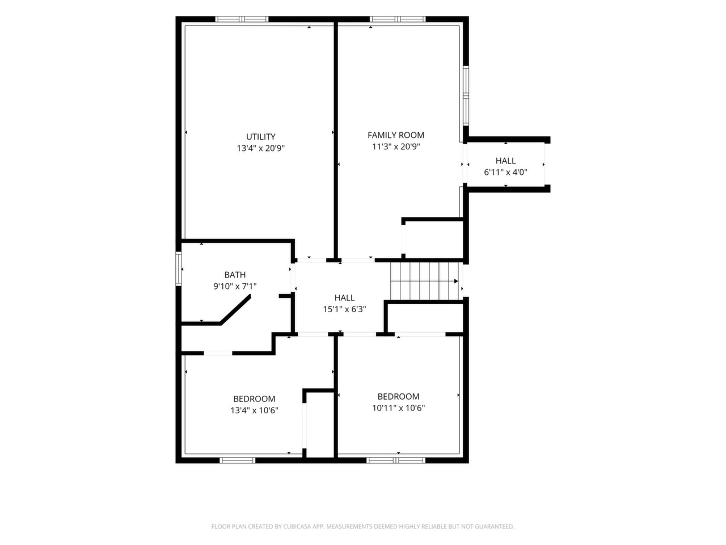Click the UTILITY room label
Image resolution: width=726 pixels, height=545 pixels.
pyautogui.click(x=260, y=137)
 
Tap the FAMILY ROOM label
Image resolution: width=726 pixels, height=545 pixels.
pyautogui.click(x=395, y=135)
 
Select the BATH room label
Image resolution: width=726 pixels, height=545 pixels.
pyautogui.click(x=235, y=275)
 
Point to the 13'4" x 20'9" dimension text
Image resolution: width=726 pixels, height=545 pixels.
pyautogui.click(x=260, y=148)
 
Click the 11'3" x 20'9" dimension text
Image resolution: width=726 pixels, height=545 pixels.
pyautogui.click(x=395, y=146)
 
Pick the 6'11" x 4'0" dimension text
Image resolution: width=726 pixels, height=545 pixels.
pyautogui.click(x=505, y=172)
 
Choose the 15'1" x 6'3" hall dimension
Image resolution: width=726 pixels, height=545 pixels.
pyautogui.click(x=344, y=309)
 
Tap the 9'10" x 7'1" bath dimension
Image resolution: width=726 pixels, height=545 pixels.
pyautogui.click(x=235, y=286)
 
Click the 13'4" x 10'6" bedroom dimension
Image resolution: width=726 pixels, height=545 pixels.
pyautogui.click(x=254, y=410)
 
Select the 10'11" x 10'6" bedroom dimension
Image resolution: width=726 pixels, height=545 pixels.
pyautogui.click(x=398, y=408)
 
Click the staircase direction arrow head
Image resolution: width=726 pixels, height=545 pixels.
pyautogui.click(x=456, y=281)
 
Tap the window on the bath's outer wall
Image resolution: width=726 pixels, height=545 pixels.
pyautogui.click(x=179, y=269)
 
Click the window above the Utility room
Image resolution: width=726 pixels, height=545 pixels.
pyautogui.click(x=242, y=19)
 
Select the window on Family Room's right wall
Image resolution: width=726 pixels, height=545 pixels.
pyautogui.click(x=466, y=96)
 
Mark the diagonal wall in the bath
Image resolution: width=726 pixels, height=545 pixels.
pyautogui.click(x=235, y=309)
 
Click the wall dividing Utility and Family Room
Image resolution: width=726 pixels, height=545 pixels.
pyautogui.click(x=335, y=141)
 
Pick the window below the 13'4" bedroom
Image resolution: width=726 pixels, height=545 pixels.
pyautogui.click(x=238, y=460)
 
